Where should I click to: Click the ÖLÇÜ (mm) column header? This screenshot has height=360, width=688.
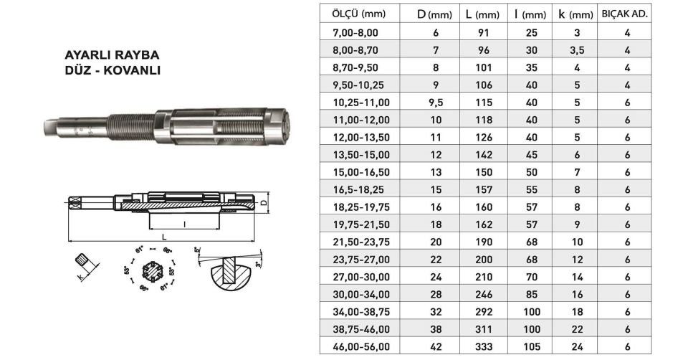pos(358,14)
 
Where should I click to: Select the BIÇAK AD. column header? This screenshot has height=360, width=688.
pos(624,14)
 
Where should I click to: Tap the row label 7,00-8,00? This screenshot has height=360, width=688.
pos(355,32)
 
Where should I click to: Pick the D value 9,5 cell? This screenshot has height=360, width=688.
pos(436,103)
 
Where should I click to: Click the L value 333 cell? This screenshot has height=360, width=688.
pos(484,346)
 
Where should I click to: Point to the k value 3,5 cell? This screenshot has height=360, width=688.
pos(577,50)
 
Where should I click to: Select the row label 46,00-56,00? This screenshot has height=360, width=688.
pos(361,346)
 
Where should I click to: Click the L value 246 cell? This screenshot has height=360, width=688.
pos(484,294)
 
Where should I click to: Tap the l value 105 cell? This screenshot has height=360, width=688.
pos(531,346)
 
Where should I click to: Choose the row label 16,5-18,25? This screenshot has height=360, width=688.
pos(358,189)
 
